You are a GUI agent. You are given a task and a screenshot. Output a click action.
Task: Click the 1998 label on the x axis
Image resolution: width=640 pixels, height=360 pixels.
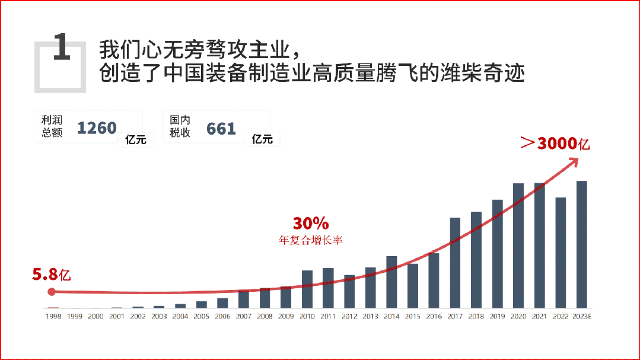53,317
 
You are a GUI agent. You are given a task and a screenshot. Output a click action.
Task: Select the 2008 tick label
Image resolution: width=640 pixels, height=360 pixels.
265,317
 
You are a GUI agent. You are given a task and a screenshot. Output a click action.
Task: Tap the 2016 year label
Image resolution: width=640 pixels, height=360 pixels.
434,317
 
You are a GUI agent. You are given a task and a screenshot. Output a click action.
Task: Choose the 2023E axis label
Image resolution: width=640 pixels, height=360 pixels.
582,317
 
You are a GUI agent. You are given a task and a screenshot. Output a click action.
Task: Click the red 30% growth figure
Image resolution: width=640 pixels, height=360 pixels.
310,224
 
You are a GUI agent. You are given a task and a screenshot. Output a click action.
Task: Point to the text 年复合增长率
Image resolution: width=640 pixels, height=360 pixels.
311,240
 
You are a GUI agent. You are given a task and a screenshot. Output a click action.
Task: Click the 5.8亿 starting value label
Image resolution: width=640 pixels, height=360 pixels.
52,275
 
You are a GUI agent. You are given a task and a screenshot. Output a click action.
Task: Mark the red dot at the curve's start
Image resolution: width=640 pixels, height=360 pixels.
52,291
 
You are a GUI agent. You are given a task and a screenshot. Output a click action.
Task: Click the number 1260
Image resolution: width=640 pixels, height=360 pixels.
97,128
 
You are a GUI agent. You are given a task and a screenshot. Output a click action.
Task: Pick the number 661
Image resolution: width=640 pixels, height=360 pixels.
221,128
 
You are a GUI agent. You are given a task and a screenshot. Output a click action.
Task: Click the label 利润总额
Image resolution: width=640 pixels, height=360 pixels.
52,126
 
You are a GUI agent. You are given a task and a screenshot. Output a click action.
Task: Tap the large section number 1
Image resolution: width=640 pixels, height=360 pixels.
62,47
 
